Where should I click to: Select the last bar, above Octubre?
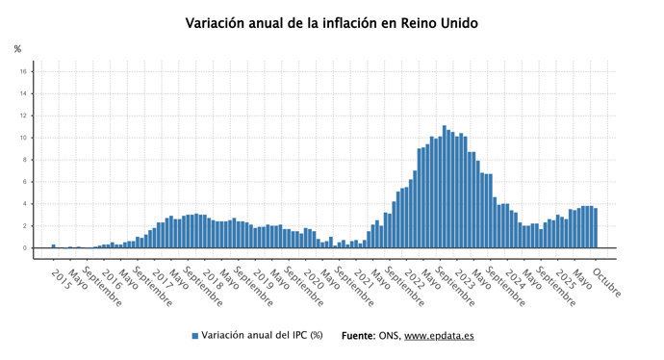(x=596, y=228)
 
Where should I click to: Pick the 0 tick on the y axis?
(x=23, y=248)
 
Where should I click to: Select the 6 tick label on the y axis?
(x=23, y=182)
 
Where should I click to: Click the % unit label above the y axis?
(x=17, y=48)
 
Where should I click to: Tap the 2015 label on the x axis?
(x=61, y=279)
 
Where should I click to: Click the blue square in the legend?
(x=195, y=336)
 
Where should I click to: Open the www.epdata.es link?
(x=439, y=336)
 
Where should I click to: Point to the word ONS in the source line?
(x=390, y=336)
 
